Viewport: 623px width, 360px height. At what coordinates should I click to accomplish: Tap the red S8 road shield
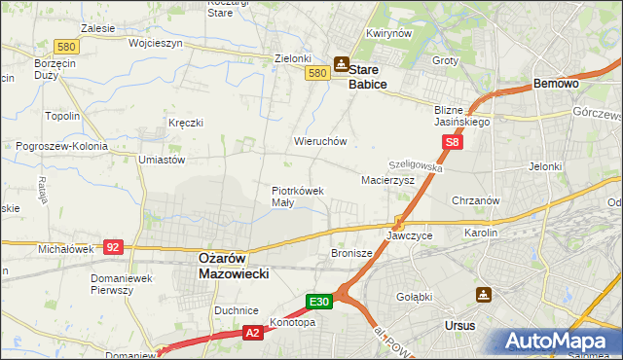(452, 142)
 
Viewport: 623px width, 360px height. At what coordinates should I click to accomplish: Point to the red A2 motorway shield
(252, 333)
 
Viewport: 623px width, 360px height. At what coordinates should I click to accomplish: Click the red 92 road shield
(113, 248)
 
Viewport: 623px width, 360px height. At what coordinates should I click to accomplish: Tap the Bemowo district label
(557, 85)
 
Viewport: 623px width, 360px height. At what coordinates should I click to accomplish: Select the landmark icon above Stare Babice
(342, 64)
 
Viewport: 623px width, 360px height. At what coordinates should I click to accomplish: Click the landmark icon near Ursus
(485, 294)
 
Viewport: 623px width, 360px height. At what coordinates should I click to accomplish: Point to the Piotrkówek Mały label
(297, 197)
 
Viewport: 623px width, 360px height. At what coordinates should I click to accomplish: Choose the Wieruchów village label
(320, 141)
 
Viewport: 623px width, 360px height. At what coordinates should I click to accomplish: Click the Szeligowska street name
(416, 167)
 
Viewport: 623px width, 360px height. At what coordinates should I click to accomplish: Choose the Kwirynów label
(385, 33)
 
